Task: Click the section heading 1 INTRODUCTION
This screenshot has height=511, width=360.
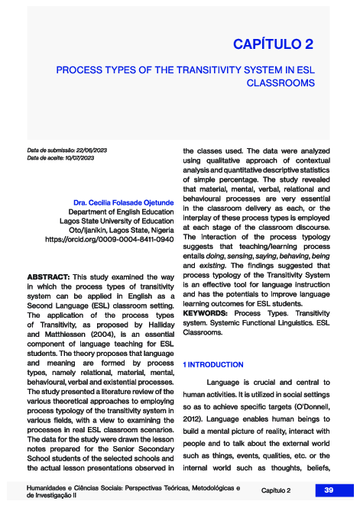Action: pyautogui.click(x=213, y=365)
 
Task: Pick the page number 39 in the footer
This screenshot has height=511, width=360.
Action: pyautogui.click(x=328, y=490)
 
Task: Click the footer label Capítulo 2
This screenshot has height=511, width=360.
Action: pyautogui.click(x=276, y=490)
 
